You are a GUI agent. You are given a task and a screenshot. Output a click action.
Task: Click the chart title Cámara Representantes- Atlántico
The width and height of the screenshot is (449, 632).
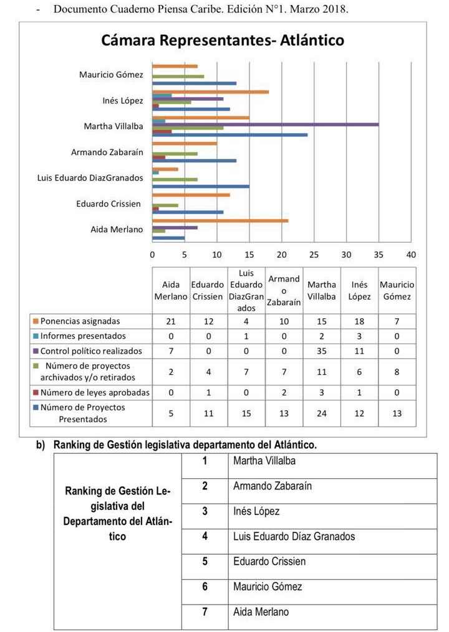(x=223, y=41)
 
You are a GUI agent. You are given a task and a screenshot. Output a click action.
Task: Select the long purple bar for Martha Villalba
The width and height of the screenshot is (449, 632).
(x=265, y=125)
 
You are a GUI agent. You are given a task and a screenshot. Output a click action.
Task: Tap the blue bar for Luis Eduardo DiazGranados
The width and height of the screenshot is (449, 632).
(x=201, y=186)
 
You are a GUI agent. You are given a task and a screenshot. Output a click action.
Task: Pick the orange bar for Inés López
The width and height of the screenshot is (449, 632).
(x=210, y=92)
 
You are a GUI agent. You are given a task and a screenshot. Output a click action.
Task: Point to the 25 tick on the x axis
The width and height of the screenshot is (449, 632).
(x=314, y=254)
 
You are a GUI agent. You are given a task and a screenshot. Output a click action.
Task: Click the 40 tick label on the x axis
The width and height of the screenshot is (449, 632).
(x=410, y=254)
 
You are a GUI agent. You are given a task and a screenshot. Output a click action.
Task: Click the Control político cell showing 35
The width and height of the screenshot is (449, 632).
(x=321, y=351)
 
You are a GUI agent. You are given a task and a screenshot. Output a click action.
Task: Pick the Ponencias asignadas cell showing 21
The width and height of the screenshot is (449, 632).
(x=170, y=321)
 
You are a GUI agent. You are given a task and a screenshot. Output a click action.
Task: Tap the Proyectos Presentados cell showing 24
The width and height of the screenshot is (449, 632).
(x=321, y=413)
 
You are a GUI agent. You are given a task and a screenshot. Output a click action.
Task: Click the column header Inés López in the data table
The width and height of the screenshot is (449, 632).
(x=359, y=291)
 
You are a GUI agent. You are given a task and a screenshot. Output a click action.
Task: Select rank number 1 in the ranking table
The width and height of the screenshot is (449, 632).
(x=205, y=461)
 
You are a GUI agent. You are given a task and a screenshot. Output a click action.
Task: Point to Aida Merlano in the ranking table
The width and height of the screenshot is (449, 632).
(x=261, y=612)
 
